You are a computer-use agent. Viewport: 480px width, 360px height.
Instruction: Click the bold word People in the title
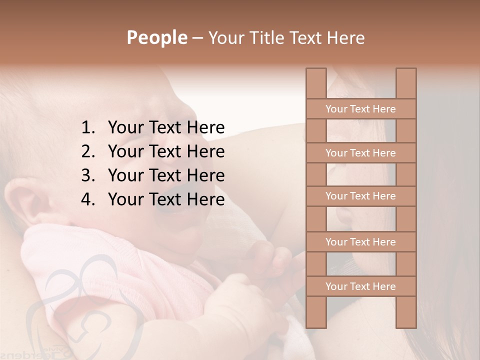click(x=156, y=37)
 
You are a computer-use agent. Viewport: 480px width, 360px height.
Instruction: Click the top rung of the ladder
click(x=360, y=109)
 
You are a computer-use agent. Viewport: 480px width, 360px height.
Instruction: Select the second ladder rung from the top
click(x=360, y=153)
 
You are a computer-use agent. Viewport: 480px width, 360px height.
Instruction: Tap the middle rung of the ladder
click(x=360, y=196)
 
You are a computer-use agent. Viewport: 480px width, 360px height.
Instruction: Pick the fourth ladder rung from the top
click(x=360, y=242)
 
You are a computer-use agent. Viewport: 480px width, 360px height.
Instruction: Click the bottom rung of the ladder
click(x=360, y=286)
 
